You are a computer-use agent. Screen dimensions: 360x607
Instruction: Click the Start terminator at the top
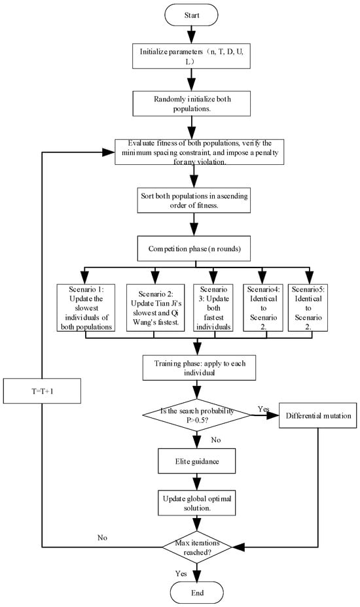191,15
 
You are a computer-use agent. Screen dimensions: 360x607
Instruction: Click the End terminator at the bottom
197,593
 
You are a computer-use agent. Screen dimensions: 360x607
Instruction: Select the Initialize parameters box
191,56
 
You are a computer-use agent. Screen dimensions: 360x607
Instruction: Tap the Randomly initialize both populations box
191,103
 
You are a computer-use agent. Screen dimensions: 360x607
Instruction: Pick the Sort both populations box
194,201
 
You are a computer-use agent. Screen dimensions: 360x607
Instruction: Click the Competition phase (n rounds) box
194,249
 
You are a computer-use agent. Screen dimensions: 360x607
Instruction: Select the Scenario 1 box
86,308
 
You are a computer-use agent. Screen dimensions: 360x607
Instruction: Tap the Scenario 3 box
213,308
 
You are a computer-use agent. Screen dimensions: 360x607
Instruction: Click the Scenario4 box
263,308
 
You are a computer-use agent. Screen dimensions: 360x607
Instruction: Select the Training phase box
199,368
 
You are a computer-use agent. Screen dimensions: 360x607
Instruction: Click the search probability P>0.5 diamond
197,415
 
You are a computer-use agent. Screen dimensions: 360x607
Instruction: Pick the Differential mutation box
317,416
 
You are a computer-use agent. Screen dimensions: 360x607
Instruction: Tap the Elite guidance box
197,461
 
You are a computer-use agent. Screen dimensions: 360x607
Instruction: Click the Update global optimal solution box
197,503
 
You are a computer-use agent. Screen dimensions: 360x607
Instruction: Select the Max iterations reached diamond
197,547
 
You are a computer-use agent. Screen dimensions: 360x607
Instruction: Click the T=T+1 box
43,391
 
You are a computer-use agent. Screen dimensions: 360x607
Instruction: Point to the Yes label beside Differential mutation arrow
264,409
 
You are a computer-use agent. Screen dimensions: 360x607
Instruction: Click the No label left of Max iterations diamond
102,538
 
